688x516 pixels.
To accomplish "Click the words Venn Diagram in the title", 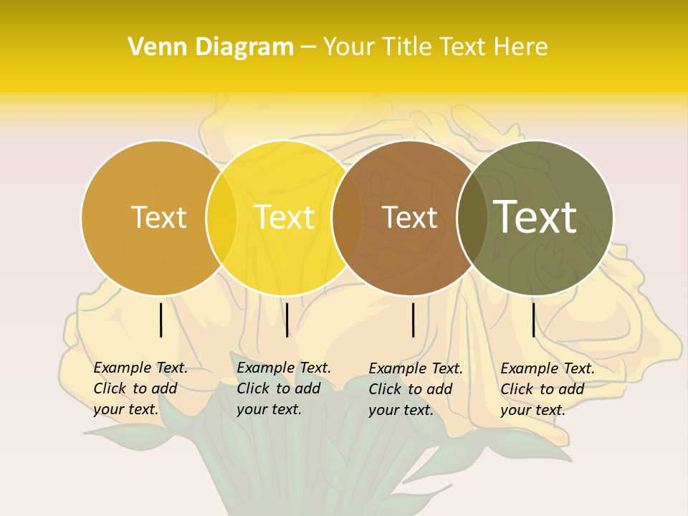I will (x=211, y=47).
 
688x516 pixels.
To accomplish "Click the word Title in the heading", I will (x=409, y=47).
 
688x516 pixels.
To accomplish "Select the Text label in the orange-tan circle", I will (x=158, y=217).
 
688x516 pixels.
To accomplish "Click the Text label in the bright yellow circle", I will (x=285, y=217).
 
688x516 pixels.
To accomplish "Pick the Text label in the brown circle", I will (x=409, y=218).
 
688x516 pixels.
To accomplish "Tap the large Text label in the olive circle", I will (x=535, y=216).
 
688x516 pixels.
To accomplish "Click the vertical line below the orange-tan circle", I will (x=161, y=320).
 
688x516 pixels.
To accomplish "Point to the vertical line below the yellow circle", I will (x=287, y=320).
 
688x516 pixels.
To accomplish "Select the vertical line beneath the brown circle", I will (x=414, y=320).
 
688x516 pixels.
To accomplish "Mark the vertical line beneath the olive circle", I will (x=533, y=320).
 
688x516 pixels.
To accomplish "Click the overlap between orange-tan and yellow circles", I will (x=221, y=217).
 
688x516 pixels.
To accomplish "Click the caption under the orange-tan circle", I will (x=140, y=388).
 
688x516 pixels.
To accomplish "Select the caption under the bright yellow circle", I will (x=283, y=388).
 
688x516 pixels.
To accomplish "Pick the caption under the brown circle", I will (x=415, y=389).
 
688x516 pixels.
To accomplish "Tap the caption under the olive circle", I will (x=547, y=389).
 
